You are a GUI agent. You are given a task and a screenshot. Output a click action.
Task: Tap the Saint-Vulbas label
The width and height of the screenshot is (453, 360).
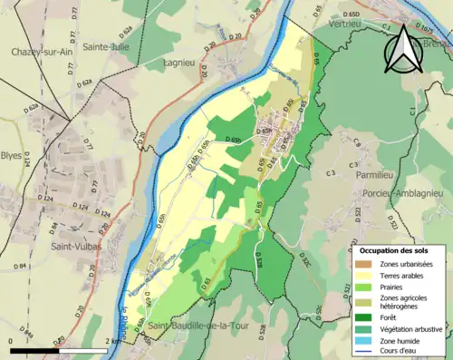tap(76, 246)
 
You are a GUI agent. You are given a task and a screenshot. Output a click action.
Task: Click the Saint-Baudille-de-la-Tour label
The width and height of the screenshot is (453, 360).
tap(198, 326)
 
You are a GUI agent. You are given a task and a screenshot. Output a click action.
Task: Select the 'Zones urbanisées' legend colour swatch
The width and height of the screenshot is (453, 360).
tap(361, 263)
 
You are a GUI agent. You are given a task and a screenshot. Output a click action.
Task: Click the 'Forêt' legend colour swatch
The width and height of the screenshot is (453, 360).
tap(361, 316)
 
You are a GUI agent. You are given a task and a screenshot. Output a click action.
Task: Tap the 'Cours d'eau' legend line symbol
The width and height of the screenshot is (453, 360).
tap(361, 352)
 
